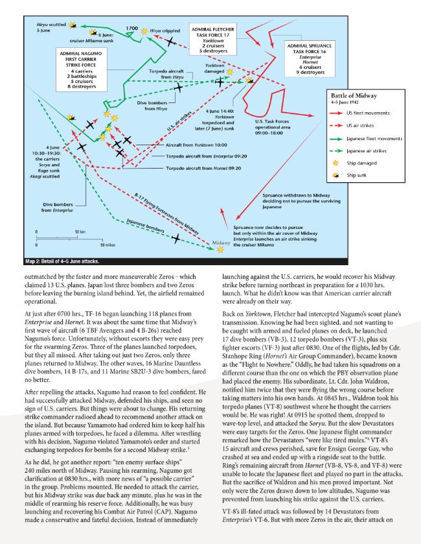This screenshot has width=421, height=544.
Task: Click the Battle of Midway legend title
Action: [x=354, y=96]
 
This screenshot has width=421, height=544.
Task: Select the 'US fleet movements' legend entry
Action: [x=368, y=113]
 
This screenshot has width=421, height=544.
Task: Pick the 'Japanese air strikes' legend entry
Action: [x=366, y=151]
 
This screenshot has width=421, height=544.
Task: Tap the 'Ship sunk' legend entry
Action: [x=356, y=175]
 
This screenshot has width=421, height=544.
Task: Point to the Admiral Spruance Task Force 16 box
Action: [x=310, y=59]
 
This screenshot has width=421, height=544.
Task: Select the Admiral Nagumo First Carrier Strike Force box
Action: [x=81, y=70]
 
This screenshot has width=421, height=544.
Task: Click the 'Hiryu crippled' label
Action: [x=165, y=31]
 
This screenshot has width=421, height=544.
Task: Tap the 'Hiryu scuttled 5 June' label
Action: [x=51, y=27]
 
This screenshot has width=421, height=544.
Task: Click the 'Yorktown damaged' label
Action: [x=214, y=68]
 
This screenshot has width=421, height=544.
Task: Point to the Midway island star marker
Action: [x=220, y=250]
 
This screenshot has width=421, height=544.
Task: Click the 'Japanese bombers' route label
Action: [x=145, y=226]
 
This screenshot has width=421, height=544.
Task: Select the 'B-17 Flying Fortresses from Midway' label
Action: [x=166, y=215]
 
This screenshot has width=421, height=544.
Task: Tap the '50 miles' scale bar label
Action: [x=108, y=245]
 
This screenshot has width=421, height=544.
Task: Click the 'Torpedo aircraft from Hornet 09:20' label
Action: [x=203, y=169]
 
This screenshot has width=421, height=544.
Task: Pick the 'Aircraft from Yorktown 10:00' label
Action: [x=196, y=145]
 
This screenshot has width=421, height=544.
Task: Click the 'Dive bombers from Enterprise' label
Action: [x=58, y=207]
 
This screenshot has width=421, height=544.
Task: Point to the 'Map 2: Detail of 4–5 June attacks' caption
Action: [x=62, y=261]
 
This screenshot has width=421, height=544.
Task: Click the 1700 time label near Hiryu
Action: [x=131, y=29]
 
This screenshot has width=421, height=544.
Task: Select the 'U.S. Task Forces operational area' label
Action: [x=272, y=127]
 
